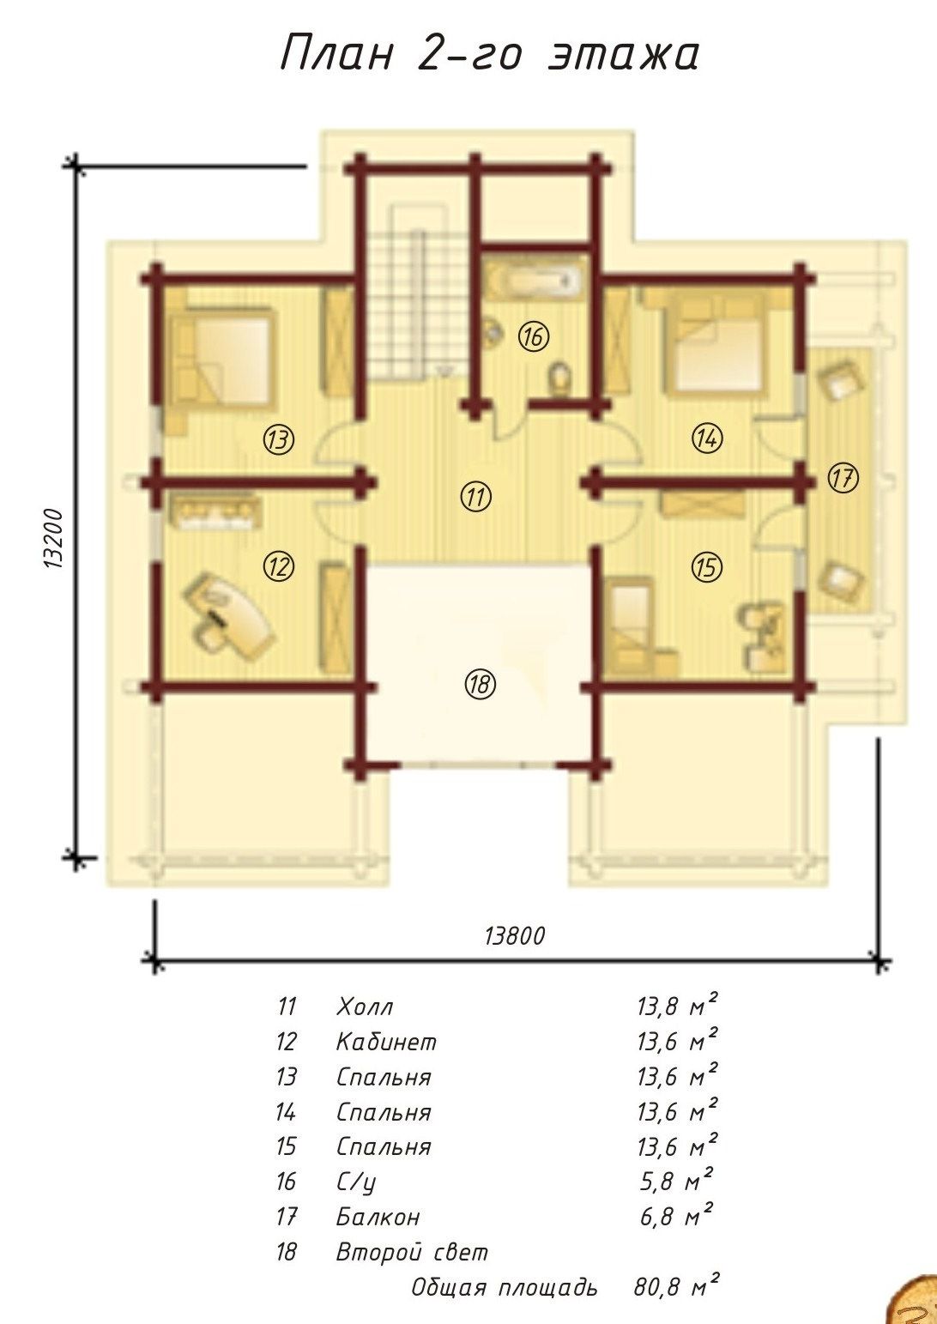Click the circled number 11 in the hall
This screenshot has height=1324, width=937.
pos(476,497)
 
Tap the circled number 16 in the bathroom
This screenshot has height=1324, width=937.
pos(534,336)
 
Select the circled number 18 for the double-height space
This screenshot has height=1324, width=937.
pos(480,685)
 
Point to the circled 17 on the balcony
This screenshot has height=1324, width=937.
pos(843,478)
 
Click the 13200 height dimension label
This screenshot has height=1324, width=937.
pos(54,538)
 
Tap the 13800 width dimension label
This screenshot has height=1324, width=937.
pos(514,936)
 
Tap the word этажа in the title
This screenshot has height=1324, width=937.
pos(624,55)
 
